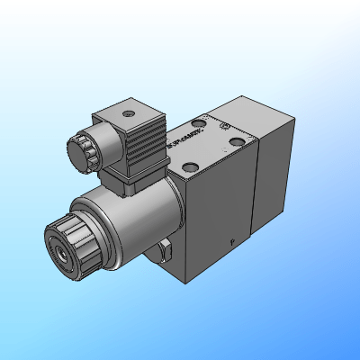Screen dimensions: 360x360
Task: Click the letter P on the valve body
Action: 231,241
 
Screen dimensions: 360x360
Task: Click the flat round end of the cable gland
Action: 68,150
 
